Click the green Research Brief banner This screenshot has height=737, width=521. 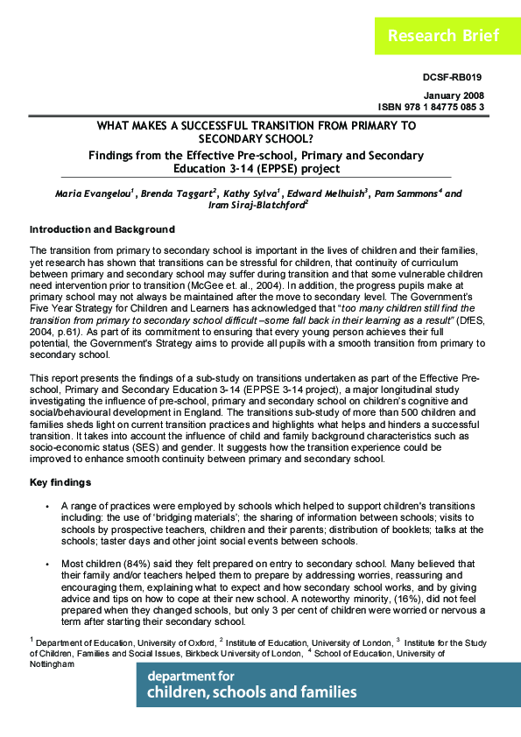444,36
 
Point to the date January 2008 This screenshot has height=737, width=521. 454,95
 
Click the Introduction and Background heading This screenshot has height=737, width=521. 102,229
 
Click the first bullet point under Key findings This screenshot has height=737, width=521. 46,507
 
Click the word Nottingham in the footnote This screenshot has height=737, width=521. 52,664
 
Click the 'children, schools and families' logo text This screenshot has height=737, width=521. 252,692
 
